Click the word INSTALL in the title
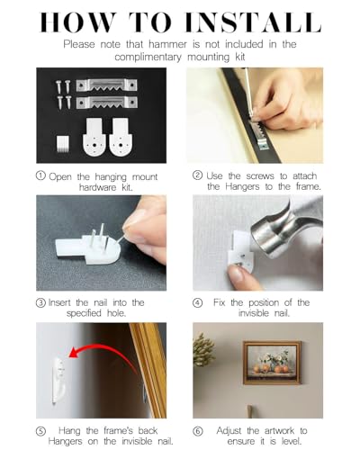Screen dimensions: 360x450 click(x=253, y=22)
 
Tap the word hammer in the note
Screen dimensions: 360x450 click(x=167, y=44)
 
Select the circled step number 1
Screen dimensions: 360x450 click(x=40, y=175)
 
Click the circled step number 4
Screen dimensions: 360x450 click(x=197, y=303)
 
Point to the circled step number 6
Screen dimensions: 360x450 click(x=197, y=431)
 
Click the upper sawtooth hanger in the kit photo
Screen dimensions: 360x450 click(x=106, y=85)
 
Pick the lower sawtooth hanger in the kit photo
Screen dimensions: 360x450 click(x=107, y=103)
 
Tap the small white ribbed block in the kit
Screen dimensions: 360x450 click(x=62, y=143)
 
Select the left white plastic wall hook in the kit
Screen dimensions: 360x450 click(x=94, y=138)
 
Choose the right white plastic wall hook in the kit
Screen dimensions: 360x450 click(x=121, y=138)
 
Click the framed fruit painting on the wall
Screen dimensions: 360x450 click(x=272, y=363)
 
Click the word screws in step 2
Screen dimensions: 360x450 click(x=260, y=176)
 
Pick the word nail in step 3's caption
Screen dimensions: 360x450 click(x=101, y=302)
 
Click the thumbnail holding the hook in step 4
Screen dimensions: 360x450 click(x=238, y=273)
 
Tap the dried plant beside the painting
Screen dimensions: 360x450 click(x=203, y=350)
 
